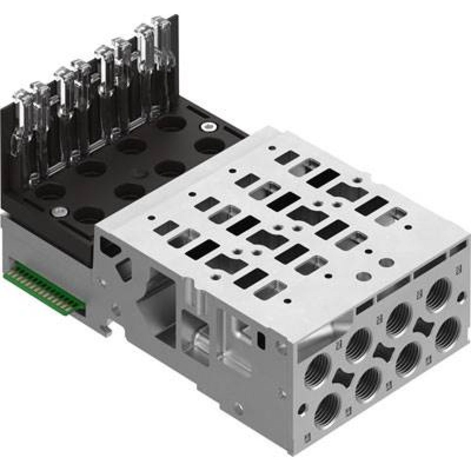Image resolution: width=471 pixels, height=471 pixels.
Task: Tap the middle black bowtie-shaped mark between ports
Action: pyautogui.click(x=382, y=351)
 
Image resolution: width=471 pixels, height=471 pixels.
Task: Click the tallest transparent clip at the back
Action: pyautogui.click(x=161, y=52)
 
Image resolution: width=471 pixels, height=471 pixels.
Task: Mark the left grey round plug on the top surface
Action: pyautogui.click(x=364, y=275)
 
